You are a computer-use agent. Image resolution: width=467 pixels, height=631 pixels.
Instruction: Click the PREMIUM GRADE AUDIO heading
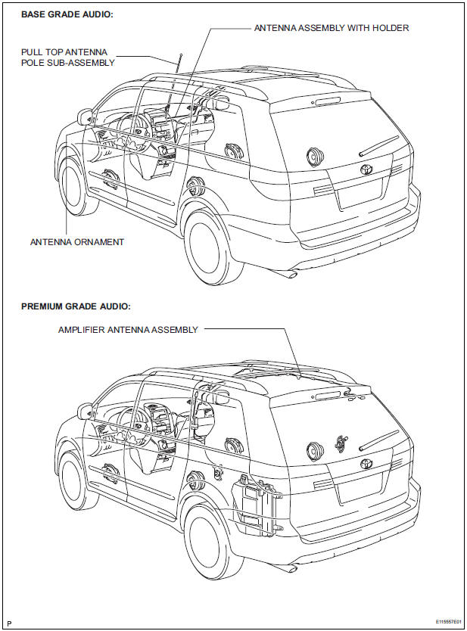click(76, 306)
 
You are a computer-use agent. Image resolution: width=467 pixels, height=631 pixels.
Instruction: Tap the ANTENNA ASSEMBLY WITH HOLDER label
click(331, 28)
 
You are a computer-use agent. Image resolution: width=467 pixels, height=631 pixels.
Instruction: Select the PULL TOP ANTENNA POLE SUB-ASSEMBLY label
click(68, 57)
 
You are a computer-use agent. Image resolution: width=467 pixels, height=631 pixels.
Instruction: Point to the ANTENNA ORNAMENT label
click(76, 242)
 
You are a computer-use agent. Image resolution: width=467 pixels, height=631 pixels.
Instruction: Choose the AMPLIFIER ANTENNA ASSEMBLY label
click(128, 330)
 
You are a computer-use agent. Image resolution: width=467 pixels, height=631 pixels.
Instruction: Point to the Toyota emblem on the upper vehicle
click(366, 172)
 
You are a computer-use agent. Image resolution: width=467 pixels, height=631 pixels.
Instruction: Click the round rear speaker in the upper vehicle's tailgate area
click(313, 158)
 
